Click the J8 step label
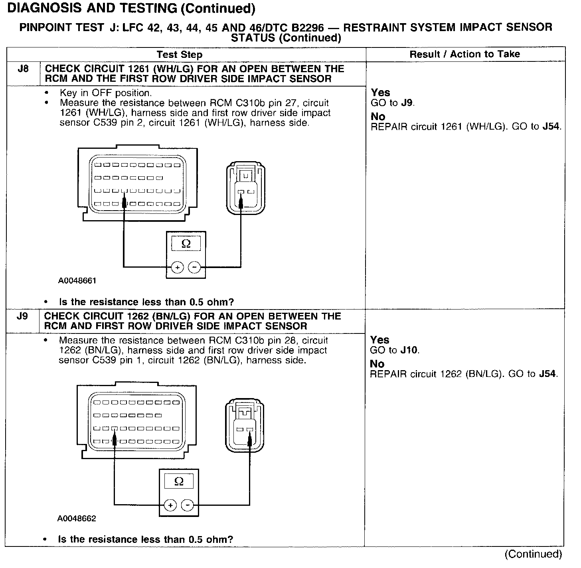(23, 69)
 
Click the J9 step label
(23, 316)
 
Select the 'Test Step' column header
(179, 55)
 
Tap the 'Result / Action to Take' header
(465, 54)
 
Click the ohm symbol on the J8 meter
(186, 243)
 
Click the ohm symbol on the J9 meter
(179, 481)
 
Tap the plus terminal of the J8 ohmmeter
(177, 267)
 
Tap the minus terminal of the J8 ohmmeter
(194, 267)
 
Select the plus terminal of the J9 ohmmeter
(170, 505)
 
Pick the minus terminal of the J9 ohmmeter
(188, 505)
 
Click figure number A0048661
(77, 280)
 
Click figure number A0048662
(77, 519)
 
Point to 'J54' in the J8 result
(551, 127)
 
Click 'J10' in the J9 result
(409, 350)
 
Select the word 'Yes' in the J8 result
(381, 93)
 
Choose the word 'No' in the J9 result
(377, 364)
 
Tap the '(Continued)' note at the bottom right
(533, 554)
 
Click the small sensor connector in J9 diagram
(244, 426)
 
